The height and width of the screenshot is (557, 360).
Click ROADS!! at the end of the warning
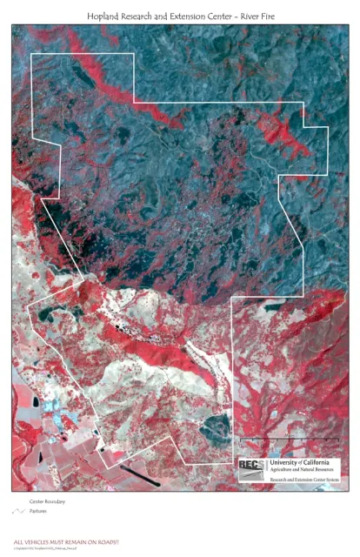click(108, 541)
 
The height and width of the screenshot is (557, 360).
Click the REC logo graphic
click(252, 468)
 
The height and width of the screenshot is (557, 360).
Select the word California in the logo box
click(326, 461)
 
